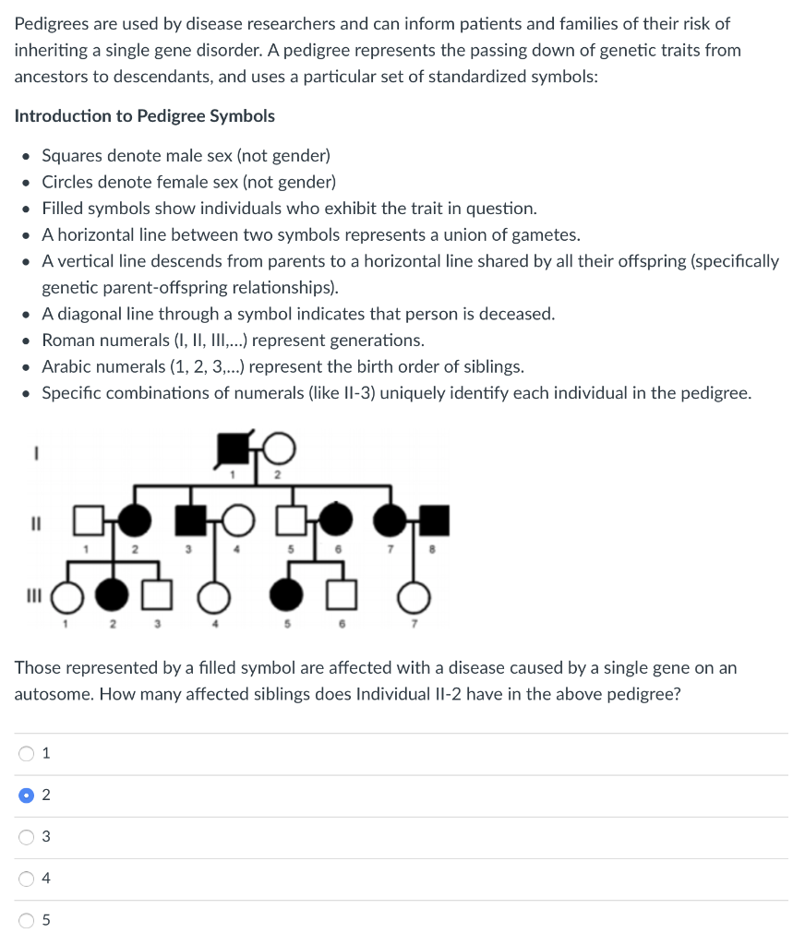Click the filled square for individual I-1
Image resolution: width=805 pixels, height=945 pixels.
click(x=231, y=449)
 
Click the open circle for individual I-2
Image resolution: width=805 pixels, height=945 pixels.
click(x=281, y=449)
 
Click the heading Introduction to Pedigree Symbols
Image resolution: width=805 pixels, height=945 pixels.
click(x=145, y=116)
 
